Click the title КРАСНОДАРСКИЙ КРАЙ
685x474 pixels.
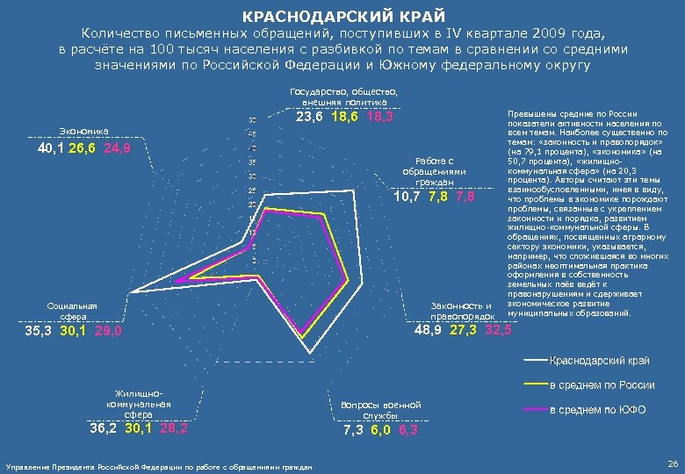(x=343, y=17)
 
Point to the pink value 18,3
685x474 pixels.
(x=379, y=118)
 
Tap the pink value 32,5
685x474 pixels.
(x=497, y=330)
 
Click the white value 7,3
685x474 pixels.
(x=354, y=431)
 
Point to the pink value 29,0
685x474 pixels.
(x=108, y=332)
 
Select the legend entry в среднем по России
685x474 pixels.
(x=602, y=385)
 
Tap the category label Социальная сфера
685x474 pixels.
(x=73, y=311)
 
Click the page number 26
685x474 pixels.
(x=672, y=462)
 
